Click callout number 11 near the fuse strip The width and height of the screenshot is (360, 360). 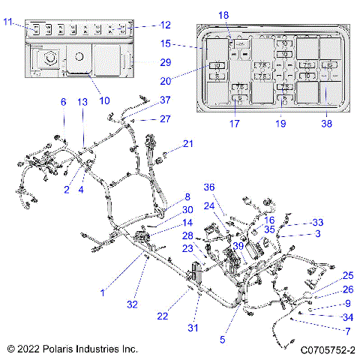pyautogui.click(x=7, y=22)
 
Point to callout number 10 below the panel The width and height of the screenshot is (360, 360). pyautogui.click(x=104, y=100)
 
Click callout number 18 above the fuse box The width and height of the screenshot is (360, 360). pyautogui.click(x=223, y=16)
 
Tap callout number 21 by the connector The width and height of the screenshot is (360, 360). pyautogui.click(x=188, y=143)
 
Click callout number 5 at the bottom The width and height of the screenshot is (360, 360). pyautogui.click(x=222, y=339)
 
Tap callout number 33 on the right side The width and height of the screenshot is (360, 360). pyautogui.click(x=317, y=223)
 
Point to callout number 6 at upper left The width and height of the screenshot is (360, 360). pyautogui.click(x=64, y=102)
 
